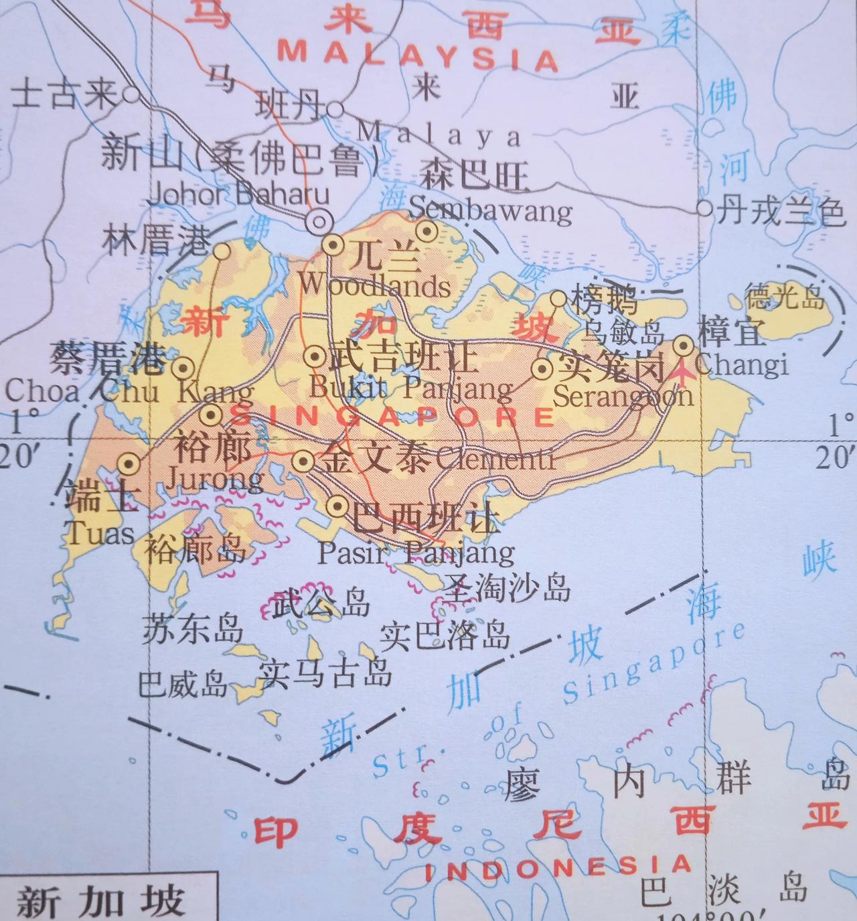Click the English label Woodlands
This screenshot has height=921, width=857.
click(x=374, y=285)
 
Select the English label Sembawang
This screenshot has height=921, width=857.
click(x=490, y=210)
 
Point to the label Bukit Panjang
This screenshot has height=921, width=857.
click(x=412, y=388)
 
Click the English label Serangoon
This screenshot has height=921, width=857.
click(x=623, y=396)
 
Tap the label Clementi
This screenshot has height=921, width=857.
click(x=495, y=459)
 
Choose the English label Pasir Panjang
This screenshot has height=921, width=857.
click(x=416, y=553)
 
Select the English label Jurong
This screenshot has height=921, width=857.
click(x=214, y=478)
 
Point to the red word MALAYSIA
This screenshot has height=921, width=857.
click(x=418, y=56)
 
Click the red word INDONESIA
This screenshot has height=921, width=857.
click(x=558, y=868)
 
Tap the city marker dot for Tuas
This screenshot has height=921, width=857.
click(x=129, y=463)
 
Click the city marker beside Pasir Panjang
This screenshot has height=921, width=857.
click(x=338, y=506)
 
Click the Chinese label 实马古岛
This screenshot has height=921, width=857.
click(x=325, y=672)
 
